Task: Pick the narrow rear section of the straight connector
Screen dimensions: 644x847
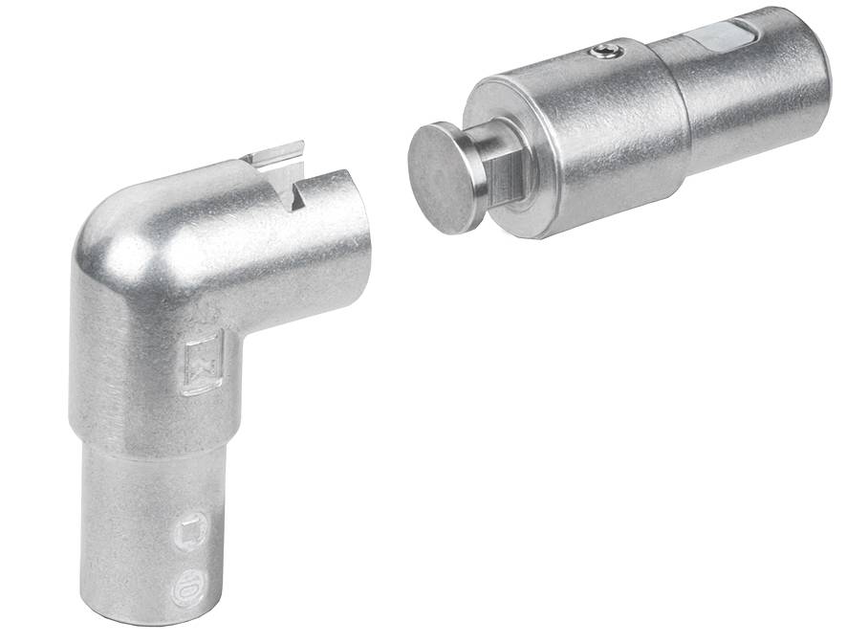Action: point(755,86)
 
